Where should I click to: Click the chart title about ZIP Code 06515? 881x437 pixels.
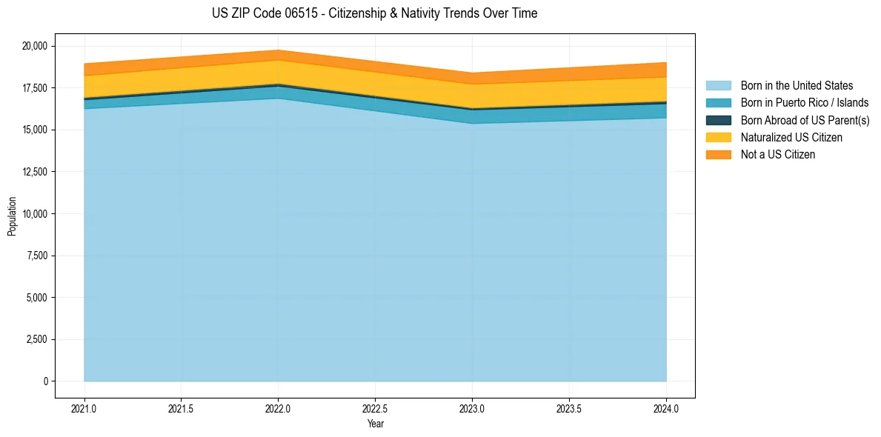374,13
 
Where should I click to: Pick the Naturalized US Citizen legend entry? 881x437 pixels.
791,137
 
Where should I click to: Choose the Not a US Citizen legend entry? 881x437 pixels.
777,155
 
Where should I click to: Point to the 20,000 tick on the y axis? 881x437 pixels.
34,46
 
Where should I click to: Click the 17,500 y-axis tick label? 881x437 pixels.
34,88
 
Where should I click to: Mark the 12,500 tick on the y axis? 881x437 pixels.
34,172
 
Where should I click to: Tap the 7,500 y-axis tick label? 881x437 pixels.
36,256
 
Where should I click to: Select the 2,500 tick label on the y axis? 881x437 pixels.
36,339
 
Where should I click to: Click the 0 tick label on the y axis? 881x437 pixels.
45,381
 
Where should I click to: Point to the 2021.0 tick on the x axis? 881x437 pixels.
84,408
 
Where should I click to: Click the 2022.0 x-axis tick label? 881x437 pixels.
278,408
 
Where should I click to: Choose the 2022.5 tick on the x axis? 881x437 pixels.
375,408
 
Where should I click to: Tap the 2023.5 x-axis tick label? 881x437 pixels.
569,408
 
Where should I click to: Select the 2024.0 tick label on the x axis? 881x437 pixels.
666,408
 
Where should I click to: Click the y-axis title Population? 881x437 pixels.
12,216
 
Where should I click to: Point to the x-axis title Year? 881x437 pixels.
375,424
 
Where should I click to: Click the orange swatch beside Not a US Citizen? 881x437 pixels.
718,155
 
